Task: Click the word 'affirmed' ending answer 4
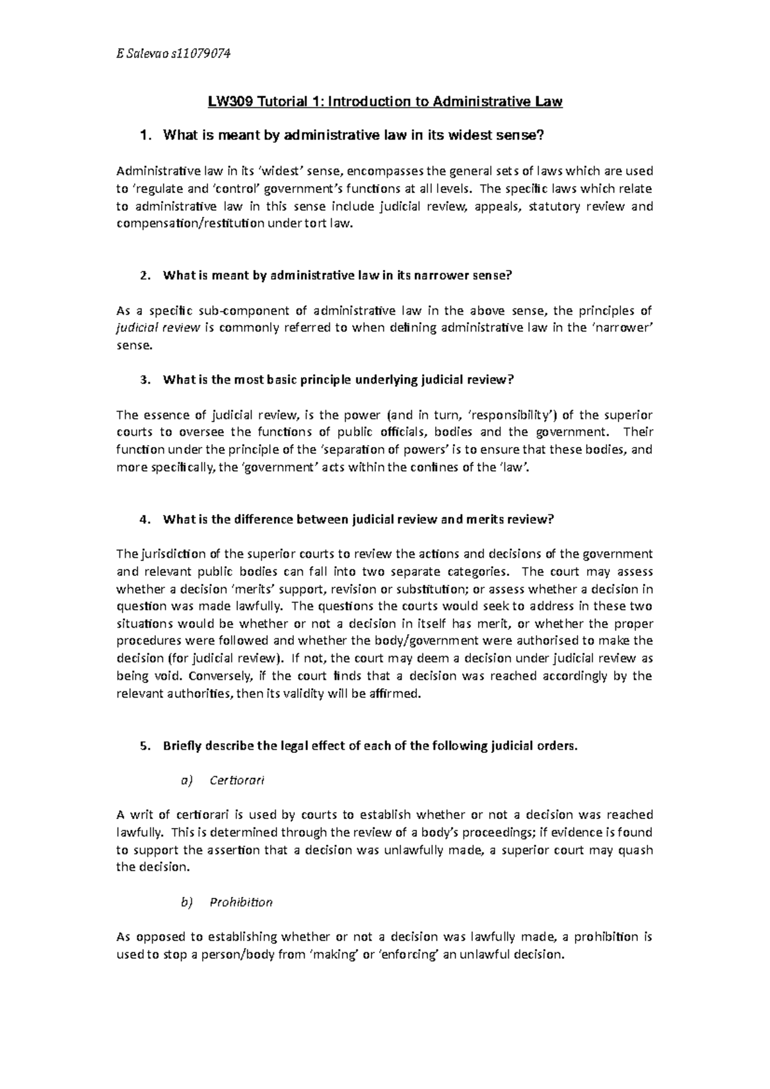[x=397, y=693]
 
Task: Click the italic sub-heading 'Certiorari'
[x=237, y=781]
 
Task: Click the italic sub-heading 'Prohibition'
[x=241, y=902]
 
